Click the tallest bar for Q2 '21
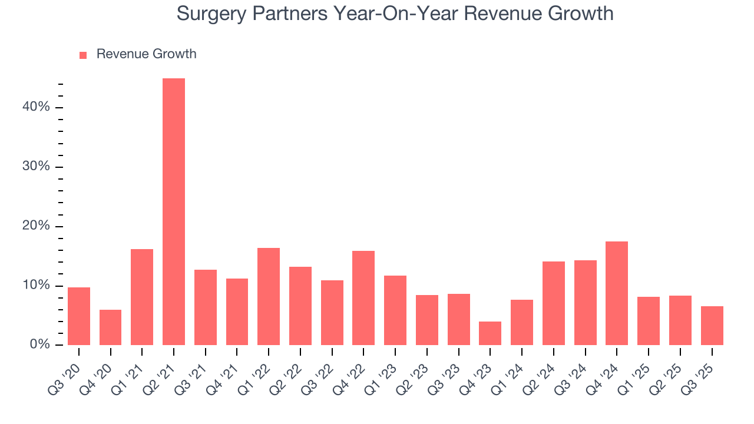click(x=174, y=212)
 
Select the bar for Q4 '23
click(x=490, y=333)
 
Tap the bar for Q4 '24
click(x=617, y=293)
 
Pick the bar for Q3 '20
click(x=79, y=316)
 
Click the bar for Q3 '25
click(x=712, y=326)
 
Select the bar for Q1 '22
click(x=269, y=296)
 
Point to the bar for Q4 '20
click(x=110, y=327)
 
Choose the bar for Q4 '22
click(x=363, y=298)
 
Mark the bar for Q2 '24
click(x=553, y=303)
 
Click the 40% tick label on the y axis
click(x=37, y=107)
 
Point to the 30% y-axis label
click(x=37, y=167)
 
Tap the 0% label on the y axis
click(x=39, y=344)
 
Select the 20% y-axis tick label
click(x=37, y=226)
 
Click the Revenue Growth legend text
click(x=146, y=54)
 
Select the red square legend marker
click(x=83, y=55)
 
